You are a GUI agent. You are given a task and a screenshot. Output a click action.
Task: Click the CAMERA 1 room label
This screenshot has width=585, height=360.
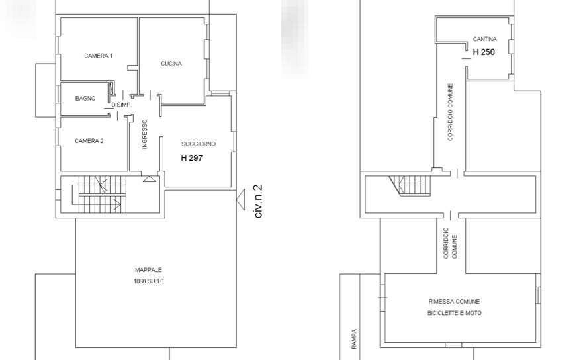tap(98, 56)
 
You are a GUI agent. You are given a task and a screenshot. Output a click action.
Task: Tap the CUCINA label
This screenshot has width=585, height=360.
tap(171, 64)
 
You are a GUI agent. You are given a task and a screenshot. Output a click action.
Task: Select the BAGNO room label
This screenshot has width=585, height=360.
tap(85, 99)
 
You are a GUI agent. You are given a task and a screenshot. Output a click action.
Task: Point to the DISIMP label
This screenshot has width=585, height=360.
tap(121, 105)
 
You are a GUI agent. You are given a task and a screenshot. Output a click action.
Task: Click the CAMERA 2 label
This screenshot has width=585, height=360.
tap(89, 141)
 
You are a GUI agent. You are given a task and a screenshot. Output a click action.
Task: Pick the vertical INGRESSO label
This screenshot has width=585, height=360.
tap(145, 134)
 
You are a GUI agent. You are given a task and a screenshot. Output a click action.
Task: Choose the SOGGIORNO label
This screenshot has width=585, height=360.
tap(199, 144)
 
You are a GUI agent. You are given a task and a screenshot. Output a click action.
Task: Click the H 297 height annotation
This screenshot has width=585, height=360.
tap(192, 158)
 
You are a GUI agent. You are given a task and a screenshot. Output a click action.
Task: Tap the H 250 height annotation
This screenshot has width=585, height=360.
tap(484, 52)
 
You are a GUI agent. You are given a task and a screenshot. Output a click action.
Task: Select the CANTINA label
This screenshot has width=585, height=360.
tap(484, 39)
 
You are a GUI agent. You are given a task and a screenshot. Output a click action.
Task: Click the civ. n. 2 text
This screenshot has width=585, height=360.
tap(259, 201)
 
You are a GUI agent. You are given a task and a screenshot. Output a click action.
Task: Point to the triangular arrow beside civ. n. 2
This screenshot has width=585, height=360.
tap(241, 200)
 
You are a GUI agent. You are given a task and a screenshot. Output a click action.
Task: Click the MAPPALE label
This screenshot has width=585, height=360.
tap(148, 270)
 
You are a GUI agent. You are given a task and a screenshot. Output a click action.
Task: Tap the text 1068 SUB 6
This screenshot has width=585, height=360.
tap(148, 281)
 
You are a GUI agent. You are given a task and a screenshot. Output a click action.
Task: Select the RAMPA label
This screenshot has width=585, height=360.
tap(354, 339)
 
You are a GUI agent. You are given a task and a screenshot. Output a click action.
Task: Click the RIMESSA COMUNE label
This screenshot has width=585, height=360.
tap(454, 301)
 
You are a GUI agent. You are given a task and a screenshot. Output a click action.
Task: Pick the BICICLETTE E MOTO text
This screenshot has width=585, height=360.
tap(455, 313)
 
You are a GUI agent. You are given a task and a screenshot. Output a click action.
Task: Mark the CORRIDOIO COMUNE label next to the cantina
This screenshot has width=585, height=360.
tap(450, 112)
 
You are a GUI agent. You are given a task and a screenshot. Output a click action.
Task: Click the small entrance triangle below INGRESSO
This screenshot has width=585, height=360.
tap(150, 179)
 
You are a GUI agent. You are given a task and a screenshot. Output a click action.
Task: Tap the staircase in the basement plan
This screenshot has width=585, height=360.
tap(410, 186)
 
